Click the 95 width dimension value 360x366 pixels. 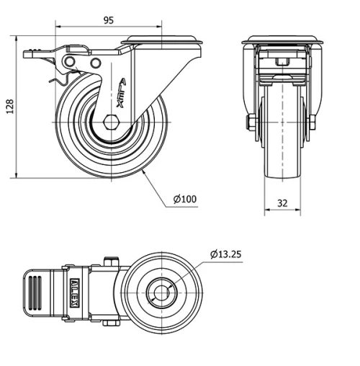click(108, 20)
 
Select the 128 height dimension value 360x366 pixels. click(9, 107)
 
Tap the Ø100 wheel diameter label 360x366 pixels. click(185, 200)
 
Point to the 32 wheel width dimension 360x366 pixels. click(282, 203)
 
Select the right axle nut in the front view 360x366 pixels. click(312, 123)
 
